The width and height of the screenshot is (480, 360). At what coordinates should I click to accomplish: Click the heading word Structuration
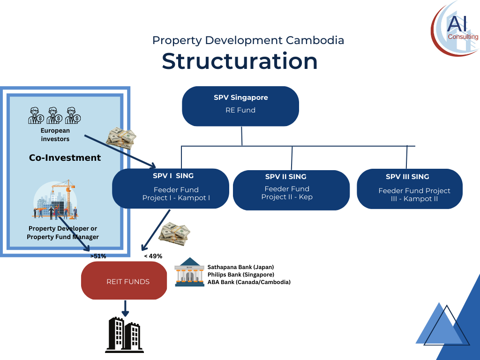(x=240, y=61)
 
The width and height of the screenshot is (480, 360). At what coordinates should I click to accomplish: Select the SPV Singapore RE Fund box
(x=240, y=106)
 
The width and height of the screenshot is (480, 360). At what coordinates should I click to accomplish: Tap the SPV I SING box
(x=171, y=188)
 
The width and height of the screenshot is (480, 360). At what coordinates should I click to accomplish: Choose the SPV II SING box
(x=291, y=190)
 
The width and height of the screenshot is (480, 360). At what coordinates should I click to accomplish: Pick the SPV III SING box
(x=410, y=189)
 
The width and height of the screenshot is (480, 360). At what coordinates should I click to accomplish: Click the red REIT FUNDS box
(x=124, y=280)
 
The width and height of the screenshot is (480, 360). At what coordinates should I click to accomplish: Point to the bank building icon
(x=189, y=272)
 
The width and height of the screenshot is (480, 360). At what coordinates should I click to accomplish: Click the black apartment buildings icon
(x=124, y=335)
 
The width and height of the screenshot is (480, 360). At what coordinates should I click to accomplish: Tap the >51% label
(x=98, y=256)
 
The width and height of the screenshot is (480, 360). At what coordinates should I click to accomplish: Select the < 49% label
(x=153, y=256)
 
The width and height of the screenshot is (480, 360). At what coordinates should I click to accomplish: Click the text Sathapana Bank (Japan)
(x=240, y=267)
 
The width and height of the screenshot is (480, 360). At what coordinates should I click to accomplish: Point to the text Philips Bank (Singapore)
(x=241, y=275)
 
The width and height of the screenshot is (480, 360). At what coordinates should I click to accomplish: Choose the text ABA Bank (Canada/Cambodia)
(x=249, y=282)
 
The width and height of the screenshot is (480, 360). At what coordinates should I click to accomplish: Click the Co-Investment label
(x=65, y=157)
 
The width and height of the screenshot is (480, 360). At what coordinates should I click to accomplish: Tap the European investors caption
(x=55, y=135)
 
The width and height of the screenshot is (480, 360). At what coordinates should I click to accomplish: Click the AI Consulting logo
(x=455, y=29)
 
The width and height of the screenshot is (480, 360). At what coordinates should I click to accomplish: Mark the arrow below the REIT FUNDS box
(x=125, y=308)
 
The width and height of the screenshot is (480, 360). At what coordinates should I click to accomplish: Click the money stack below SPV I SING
(x=174, y=234)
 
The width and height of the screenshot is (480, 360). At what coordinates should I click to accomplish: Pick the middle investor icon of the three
(x=54, y=115)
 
